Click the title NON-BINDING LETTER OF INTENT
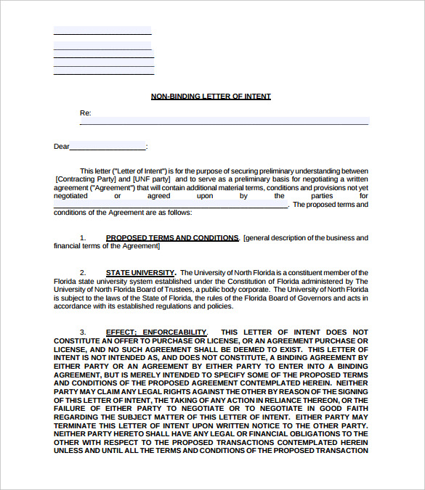211,96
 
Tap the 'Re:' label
85,113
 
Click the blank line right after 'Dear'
108,147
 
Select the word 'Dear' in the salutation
62,147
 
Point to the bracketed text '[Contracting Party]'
84,179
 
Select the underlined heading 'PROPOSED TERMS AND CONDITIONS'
172,237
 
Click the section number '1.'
83,237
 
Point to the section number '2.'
83,272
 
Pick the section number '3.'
83,332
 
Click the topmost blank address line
102,32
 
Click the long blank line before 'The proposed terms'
171,205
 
